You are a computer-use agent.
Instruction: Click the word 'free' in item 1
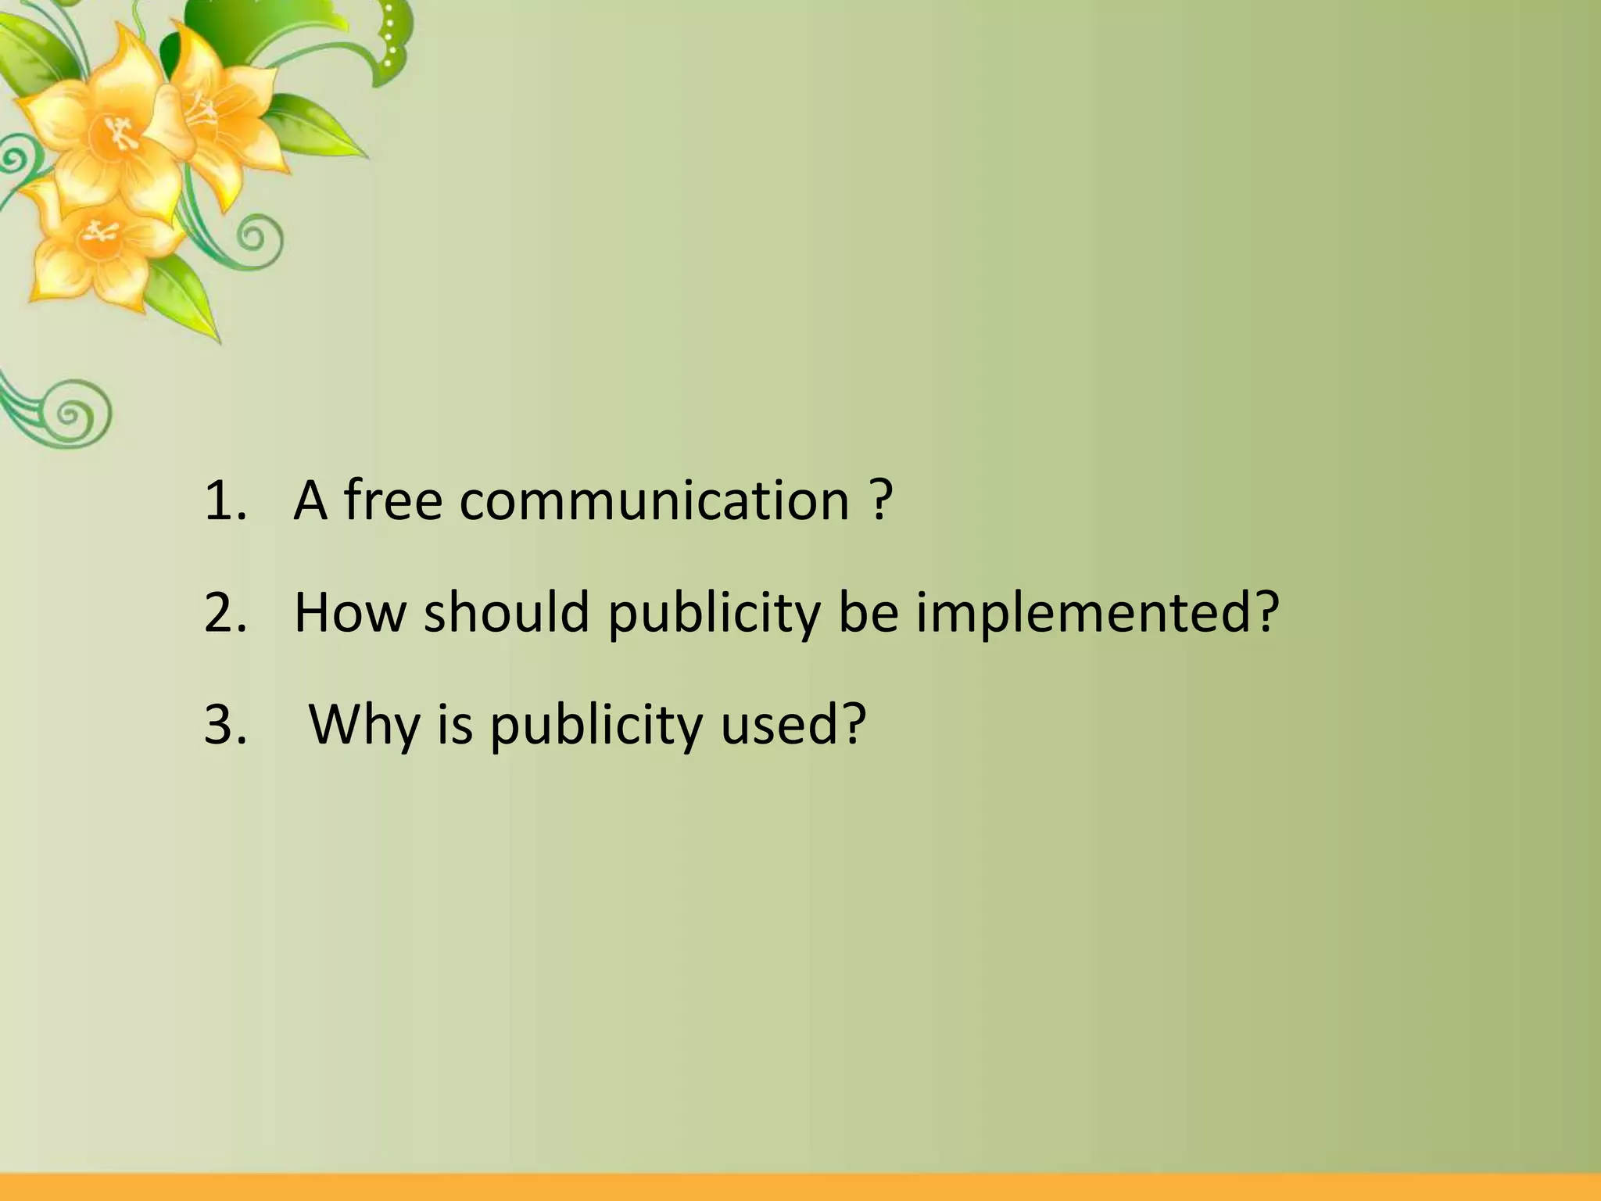[393, 500]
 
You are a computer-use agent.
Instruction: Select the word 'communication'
[654, 500]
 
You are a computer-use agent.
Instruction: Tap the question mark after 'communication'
[880, 500]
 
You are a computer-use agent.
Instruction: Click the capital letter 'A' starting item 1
[310, 500]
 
